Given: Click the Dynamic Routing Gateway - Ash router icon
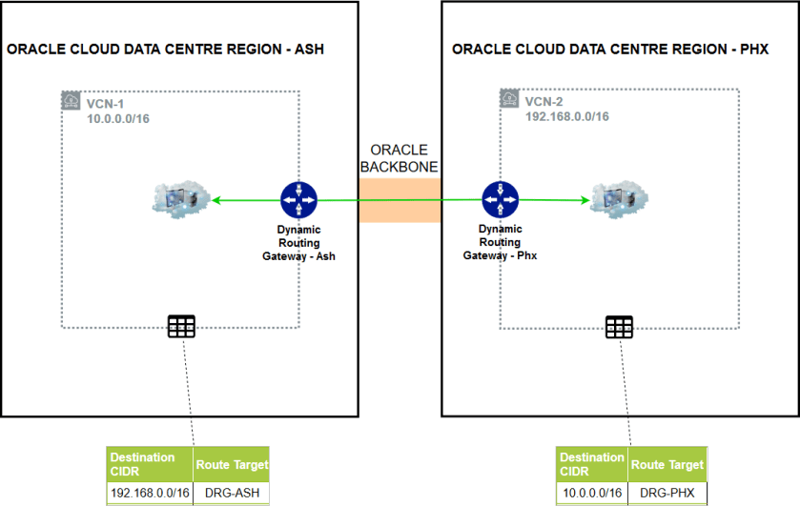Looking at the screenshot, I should click(x=298, y=200).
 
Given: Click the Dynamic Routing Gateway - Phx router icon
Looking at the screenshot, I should click(x=500, y=200).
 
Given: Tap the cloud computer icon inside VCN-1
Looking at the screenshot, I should click(x=180, y=199).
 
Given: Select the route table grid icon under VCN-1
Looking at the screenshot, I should click(x=181, y=326).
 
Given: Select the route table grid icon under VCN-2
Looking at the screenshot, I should click(x=619, y=327).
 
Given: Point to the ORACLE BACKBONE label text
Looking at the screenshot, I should click(x=400, y=158).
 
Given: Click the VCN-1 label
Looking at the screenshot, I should click(x=106, y=101).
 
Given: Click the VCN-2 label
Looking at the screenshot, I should click(x=544, y=101).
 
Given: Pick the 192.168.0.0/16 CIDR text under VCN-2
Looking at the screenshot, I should click(x=567, y=116).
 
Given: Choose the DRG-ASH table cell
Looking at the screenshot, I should click(x=232, y=493).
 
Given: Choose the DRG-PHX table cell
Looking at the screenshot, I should click(x=667, y=493).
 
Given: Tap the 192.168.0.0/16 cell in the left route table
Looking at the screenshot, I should click(x=150, y=493).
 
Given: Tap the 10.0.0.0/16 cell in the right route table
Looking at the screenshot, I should click(x=591, y=493).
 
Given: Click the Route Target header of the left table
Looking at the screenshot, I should click(x=232, y=465).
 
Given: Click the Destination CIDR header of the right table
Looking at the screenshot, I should click(x=591, y=464).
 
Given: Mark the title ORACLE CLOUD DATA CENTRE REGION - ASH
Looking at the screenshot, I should click(x=166, y=50).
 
